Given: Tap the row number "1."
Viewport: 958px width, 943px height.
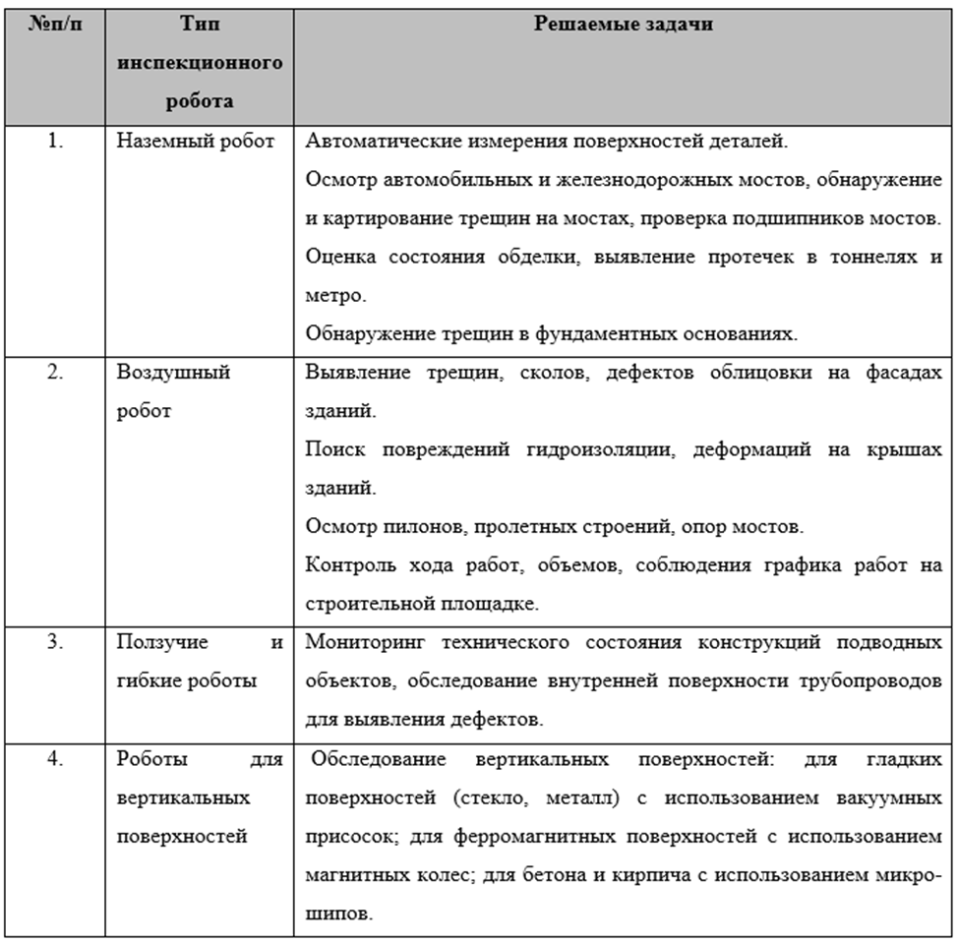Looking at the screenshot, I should tap(56, 141).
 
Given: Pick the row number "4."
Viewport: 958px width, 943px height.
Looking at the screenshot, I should tap(56, 759).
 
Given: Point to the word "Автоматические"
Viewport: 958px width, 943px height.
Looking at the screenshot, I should tap(369, 141).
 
